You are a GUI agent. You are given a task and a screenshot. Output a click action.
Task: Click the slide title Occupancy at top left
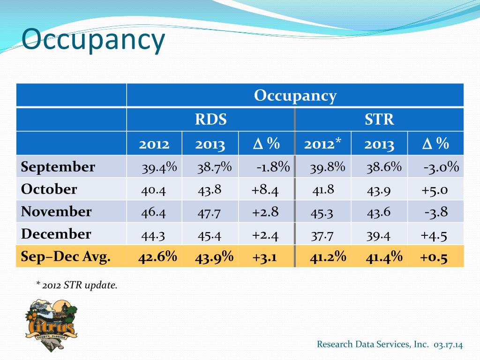94,40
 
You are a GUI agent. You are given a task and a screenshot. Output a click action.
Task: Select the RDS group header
211,120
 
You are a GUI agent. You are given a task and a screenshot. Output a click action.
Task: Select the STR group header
379,120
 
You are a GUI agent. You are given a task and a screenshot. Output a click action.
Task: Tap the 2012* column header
322,144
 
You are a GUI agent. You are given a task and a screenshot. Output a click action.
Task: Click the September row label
58,167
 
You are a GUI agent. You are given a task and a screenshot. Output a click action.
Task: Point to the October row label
49,189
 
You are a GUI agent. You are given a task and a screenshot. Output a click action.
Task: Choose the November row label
56,211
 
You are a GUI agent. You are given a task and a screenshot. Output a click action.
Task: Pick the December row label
56,234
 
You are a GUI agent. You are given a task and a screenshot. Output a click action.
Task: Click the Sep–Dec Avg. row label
66,256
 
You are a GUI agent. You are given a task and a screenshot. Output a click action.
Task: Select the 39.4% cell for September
159,167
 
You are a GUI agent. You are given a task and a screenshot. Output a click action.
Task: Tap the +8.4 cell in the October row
265,190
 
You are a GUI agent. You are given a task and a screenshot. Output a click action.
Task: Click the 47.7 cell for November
209,212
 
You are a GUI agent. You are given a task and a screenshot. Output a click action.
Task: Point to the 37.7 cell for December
322,235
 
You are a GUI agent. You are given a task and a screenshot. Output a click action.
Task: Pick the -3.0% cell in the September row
441,167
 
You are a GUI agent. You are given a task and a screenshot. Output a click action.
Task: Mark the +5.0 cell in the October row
435,190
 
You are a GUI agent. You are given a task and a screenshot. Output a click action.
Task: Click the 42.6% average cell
157,256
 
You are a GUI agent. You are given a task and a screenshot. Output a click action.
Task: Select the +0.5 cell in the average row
434,256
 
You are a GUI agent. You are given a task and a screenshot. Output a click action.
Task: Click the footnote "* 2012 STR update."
76,285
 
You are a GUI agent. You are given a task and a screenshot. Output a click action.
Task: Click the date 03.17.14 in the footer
448,345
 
